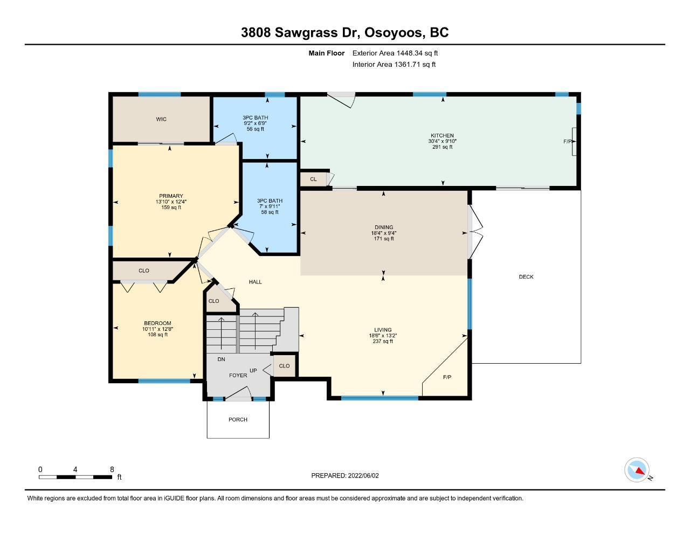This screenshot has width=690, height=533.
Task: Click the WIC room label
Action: point(161,119)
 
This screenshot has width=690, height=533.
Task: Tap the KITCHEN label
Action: point(442,136)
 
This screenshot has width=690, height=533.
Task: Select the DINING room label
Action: point(384,227)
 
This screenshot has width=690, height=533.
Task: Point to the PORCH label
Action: point(238,420)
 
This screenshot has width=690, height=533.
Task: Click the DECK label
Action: point(526,277)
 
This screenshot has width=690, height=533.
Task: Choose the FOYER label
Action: point(238,376)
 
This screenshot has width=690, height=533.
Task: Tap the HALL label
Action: point(256,282)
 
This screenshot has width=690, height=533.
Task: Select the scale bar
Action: point(75,477)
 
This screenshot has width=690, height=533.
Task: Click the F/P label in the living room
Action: point(447,377)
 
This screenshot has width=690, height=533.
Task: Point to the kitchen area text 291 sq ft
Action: point(443,147)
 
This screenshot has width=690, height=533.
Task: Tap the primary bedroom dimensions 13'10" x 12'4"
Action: point(171,202)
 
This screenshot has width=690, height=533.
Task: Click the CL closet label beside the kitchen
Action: point(313,179)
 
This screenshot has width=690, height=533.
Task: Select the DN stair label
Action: point(222,359)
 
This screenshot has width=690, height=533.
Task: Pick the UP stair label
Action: point(253,370)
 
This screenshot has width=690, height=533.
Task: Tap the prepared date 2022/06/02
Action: point(363,475)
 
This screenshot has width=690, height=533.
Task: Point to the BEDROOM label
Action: point(157,323)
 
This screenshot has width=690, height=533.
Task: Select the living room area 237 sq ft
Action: point(383,341)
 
